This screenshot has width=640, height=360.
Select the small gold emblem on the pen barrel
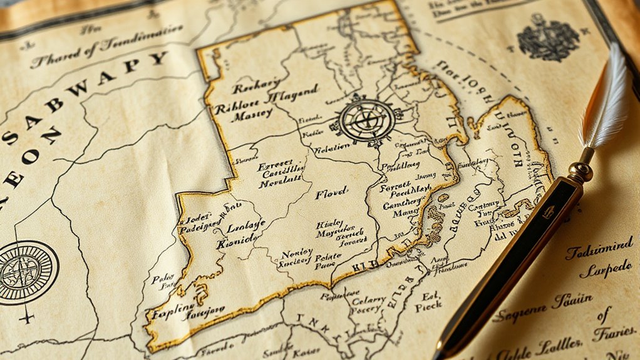(x=549, y=212)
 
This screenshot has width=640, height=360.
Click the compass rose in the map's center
(x=366, y=120)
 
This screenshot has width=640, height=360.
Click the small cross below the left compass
(x=27, y=317)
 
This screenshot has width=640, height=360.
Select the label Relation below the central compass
(x=333, y=150)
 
